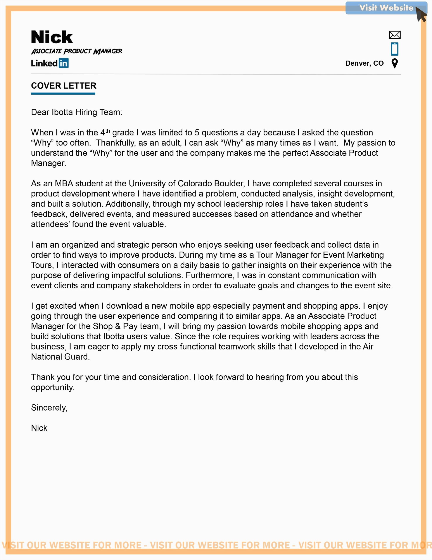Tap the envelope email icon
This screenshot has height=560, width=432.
tap(394, 35)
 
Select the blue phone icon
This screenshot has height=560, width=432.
tap(394, 49)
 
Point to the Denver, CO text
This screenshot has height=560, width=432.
tap(364, 63)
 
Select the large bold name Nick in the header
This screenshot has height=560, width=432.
tap(52, 37)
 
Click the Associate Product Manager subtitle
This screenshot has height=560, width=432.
tap(77, 51)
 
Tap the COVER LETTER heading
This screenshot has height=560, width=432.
tap(64, 86)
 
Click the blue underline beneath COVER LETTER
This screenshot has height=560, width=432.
tap(63, 94)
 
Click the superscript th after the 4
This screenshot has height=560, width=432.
tap(107, 131)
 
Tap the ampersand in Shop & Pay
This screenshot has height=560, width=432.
tap(118, 326)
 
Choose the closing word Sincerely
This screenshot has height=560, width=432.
tap(49, 408)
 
